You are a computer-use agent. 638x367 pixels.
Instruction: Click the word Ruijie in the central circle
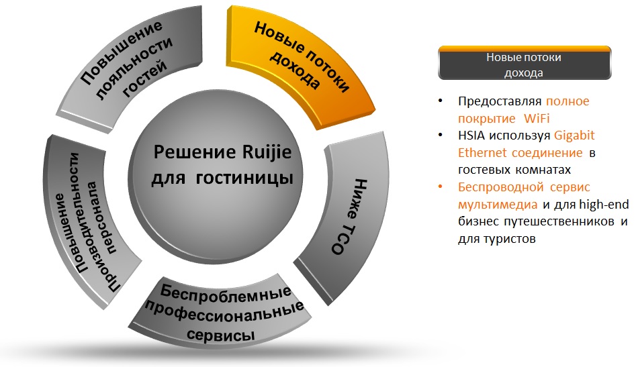coord(267,152)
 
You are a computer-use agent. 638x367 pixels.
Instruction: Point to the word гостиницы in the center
coord(244,178)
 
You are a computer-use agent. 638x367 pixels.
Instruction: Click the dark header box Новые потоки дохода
coord(525,63)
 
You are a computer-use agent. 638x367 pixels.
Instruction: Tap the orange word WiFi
coord(537,118)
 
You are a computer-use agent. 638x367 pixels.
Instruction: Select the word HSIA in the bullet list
coord(471,136)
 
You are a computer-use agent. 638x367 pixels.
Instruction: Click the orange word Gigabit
coord(574,136)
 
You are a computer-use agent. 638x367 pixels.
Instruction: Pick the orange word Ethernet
coord(482,153)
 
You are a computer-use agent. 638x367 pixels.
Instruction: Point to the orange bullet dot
coord(440,187)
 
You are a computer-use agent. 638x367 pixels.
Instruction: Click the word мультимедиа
coord(498,205)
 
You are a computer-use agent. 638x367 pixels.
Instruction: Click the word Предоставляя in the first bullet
coord(500,101)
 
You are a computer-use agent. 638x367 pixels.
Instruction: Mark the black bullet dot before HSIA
coord(440,135)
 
